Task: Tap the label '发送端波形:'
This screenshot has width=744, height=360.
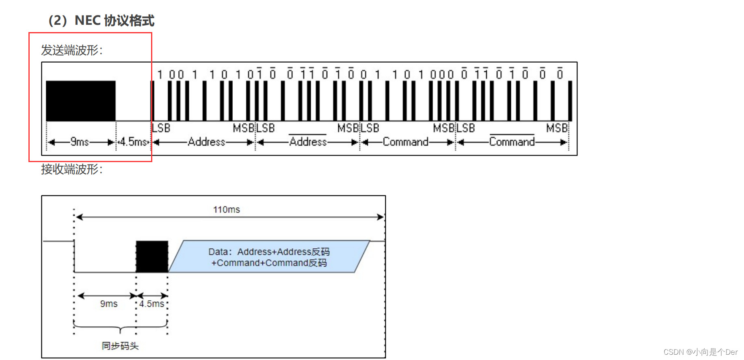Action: (71, 50)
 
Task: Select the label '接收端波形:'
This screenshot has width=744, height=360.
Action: (71, 169)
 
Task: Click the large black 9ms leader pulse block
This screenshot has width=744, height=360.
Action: (80, 101)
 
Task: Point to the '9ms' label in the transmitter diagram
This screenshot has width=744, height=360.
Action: (80, 142)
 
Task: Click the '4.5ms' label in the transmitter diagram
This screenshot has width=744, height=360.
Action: (133, 142)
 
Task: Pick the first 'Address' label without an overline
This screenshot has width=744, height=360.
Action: (206, 142)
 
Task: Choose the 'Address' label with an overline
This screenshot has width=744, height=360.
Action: (308, 142)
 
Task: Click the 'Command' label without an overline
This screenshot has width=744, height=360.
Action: (405, 142)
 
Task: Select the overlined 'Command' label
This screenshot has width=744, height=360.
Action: (512, 142)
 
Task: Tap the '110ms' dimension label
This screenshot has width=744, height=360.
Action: (227, 210)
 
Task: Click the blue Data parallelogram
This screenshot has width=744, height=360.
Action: (269, 257)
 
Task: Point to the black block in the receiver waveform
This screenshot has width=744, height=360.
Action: (152, 256)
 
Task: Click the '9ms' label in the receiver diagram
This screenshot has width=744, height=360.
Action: (109, 304)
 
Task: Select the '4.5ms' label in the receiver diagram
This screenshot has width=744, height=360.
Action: (151, 304)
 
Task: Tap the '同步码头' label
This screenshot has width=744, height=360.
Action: (120, 346)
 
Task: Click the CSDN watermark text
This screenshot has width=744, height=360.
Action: (700, 352)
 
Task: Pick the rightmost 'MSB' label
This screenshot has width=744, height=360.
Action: (557, 128)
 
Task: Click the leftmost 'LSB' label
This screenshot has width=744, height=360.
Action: (161, 128)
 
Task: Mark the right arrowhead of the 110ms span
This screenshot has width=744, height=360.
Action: (381, 217)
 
